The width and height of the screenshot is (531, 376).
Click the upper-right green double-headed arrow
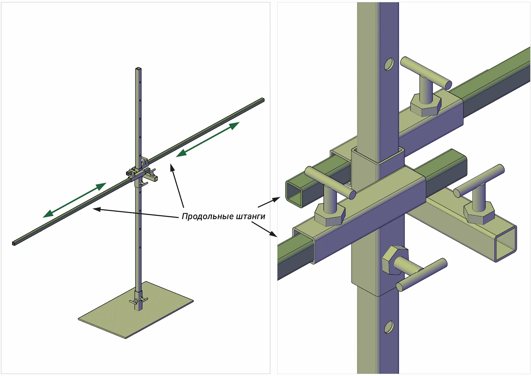point(208,139)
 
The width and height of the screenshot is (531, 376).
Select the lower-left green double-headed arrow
point(74,200)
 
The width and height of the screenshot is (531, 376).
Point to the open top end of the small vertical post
point(138,69)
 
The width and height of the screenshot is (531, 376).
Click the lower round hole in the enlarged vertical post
point(389,327)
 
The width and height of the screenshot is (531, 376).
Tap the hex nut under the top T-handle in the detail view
point(426,105)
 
